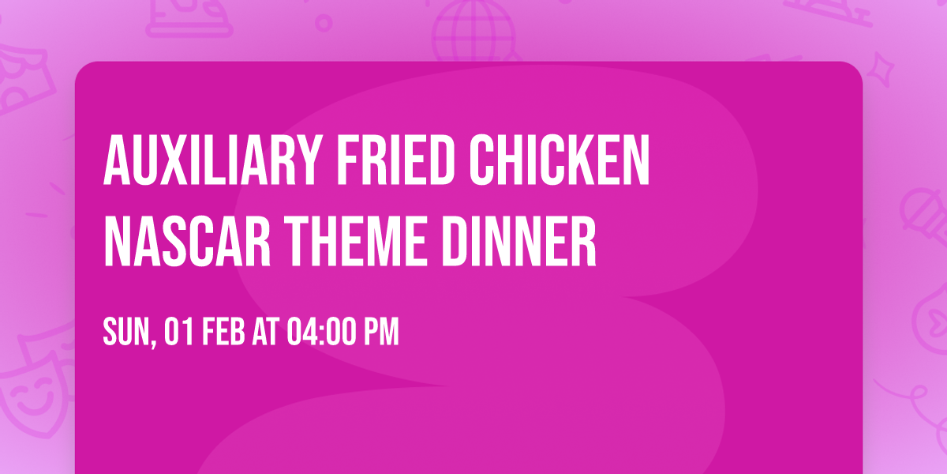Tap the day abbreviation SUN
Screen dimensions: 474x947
click(124, 332)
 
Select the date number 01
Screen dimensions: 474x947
click(180, 332)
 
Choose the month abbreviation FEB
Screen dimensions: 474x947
click(226, 332)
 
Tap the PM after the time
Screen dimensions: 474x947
click(380, 332)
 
